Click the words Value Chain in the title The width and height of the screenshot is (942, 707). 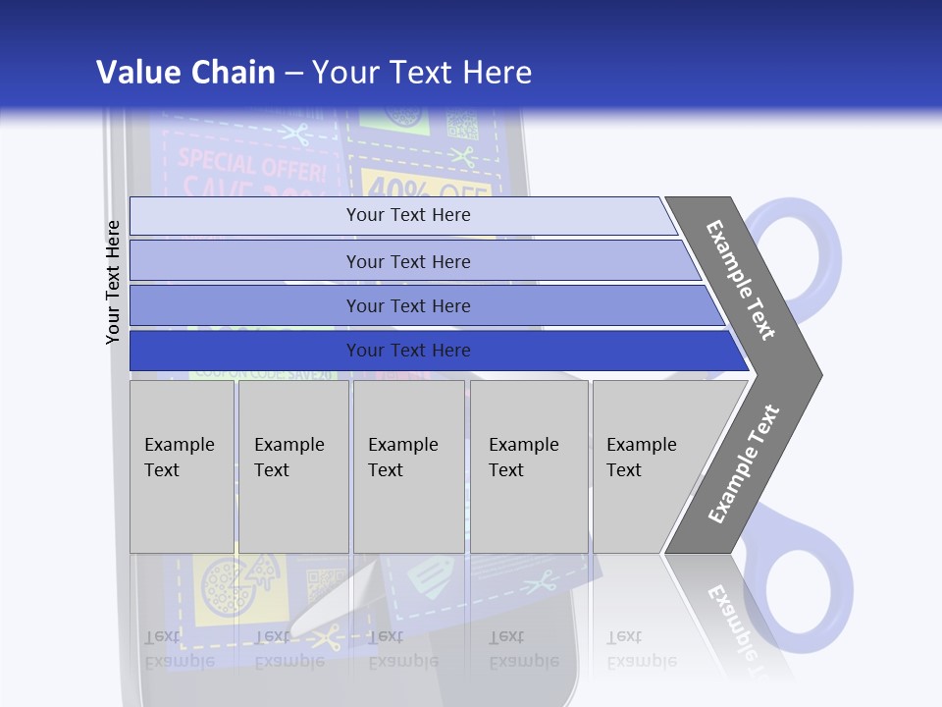click(185, 72)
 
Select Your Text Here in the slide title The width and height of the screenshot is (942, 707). click(422, 72)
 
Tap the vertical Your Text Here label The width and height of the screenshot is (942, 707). click(114, 282)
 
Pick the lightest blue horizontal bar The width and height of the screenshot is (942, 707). click(402, 215)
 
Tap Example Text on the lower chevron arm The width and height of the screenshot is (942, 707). click(744, 463)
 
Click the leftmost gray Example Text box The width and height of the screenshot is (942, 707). click(182, 466)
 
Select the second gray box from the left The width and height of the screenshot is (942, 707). click(292, 466)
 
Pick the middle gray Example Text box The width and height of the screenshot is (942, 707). click(408, 466)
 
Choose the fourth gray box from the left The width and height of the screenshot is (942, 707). click(529, 466)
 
